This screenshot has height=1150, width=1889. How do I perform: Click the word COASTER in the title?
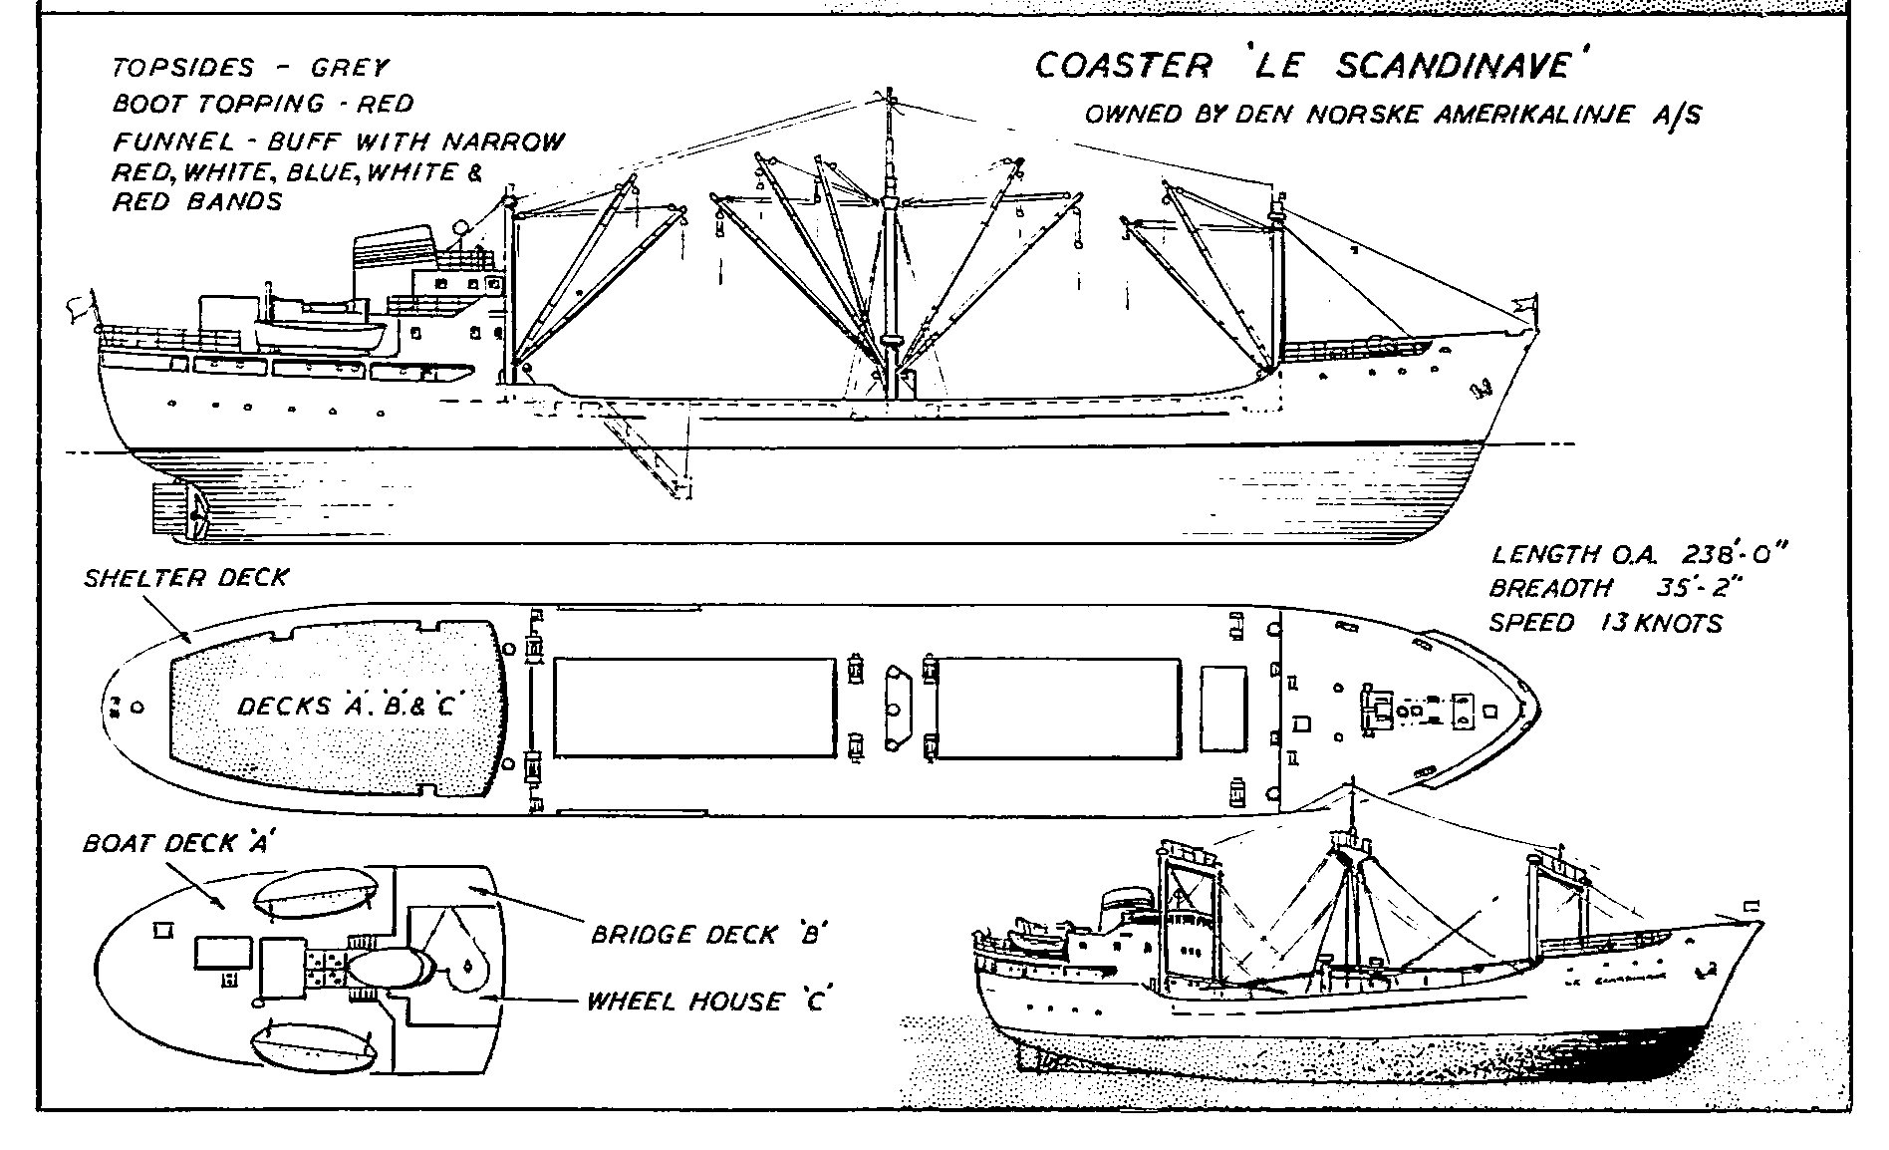point(1123,66)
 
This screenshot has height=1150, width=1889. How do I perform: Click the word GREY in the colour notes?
point(349,69)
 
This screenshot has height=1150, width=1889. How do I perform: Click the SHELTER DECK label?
point(186,578)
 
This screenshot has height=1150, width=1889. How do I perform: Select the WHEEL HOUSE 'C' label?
point(708,1000)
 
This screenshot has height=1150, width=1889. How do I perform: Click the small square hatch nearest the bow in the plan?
point(1489,711)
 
